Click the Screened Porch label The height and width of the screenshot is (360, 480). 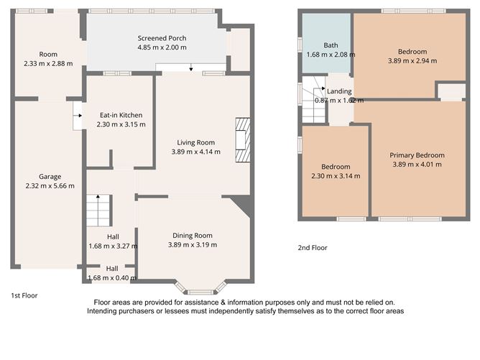coord(162,38)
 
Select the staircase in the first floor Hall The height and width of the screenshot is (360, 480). coord(97,210)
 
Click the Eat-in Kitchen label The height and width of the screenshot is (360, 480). coord(121,115)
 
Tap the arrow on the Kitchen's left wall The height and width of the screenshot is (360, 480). coord(77,114)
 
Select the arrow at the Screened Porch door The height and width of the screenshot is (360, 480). coord(191,68)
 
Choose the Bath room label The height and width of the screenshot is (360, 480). coord(331,45)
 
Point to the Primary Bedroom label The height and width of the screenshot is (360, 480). coord(417,155)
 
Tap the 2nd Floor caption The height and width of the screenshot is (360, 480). coord(313,248)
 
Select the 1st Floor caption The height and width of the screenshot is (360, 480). coord(24,295)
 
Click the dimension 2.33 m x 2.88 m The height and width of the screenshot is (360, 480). coord(48,64)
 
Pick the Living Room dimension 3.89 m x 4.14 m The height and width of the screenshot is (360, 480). coord(196,152)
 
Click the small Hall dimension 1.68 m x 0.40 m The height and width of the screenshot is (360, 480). coord(112,277)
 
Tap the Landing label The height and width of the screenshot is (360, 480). coord(339,91)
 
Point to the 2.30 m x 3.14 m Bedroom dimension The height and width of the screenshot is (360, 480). coord(336,176)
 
